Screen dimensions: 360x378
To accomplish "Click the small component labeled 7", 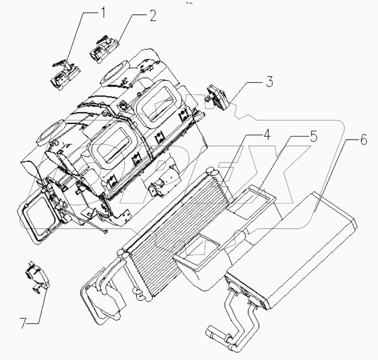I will tap(37, 276).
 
